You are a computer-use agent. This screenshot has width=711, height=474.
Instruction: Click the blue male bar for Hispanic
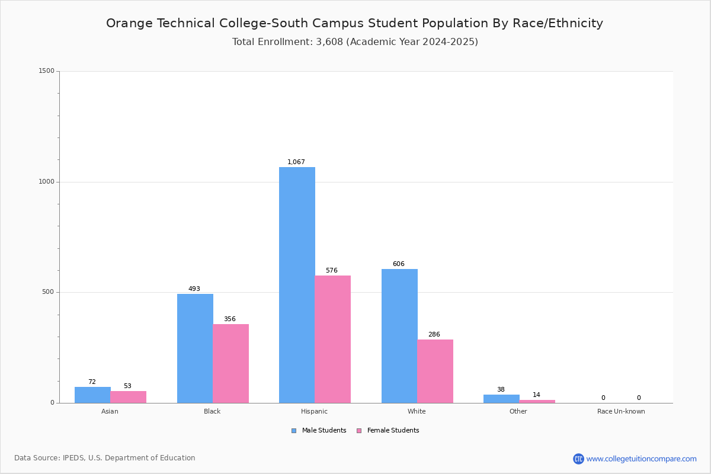(297, 285)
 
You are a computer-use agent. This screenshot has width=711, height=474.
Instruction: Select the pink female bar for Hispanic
(332, 339)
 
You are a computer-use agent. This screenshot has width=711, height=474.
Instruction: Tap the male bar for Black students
(195, 348)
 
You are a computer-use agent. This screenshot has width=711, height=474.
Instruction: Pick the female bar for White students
(435, 371)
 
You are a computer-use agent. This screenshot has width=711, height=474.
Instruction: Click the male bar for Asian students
(92, 395)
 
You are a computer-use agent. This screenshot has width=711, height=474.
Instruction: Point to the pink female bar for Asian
(128, 397)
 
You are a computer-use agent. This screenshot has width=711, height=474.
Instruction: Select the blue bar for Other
(501, 399)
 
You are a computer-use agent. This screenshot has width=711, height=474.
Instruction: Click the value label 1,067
(296, 162)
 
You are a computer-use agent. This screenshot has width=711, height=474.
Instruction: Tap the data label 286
(434, 334)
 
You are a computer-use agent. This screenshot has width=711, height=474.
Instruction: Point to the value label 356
(230, 319)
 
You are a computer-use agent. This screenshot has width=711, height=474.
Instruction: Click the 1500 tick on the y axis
(46, 71)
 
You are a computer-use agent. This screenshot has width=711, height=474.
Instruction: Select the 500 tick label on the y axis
(48, 292)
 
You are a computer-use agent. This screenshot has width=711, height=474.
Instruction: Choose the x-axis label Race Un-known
(621, 411)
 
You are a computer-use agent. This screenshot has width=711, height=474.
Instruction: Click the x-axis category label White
(417, 411)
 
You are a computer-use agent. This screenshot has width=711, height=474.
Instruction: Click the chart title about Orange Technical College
(354, 23)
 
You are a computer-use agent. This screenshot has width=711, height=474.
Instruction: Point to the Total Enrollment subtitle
(355, 42)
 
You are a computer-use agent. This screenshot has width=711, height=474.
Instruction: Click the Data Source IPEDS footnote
(105, 458)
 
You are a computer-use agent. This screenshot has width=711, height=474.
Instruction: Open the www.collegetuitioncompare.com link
(641, 459)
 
